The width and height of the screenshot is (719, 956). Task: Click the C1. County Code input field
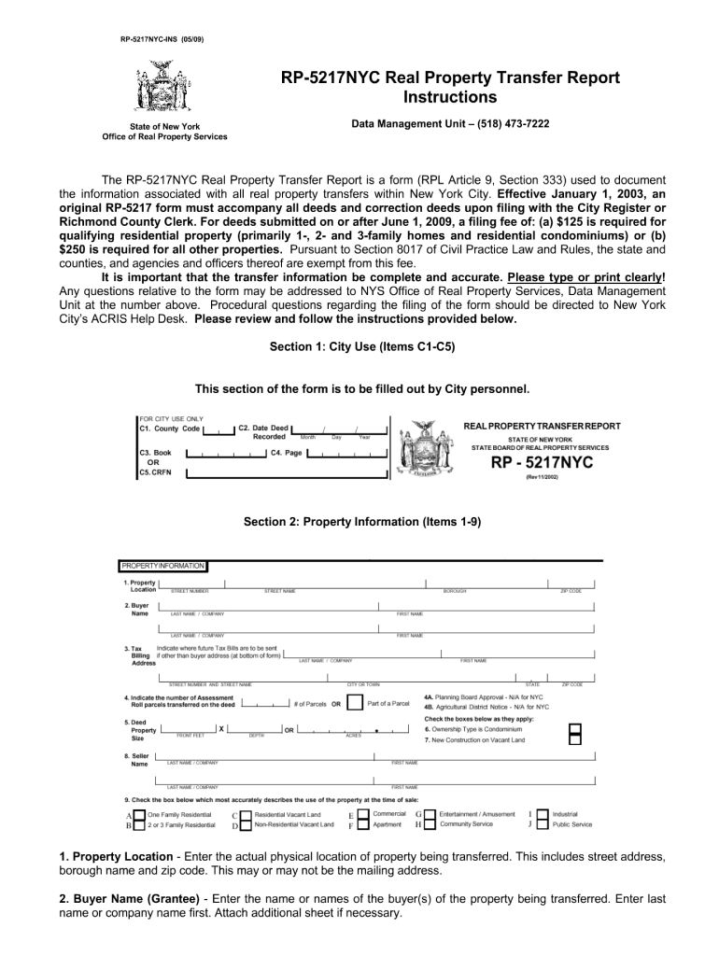click(x=219, y=430)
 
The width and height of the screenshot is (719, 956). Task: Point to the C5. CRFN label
click(x=155, y=473)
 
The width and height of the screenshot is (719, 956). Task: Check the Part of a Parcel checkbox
click(x=354, y=702)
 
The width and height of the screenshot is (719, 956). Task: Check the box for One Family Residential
click(x=140, y=815)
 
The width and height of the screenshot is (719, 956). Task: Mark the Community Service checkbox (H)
click(x=430, y=825)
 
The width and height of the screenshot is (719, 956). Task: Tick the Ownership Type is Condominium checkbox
click(x=575, y=729)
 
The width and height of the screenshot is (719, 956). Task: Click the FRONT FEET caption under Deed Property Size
click(x=190, y=736)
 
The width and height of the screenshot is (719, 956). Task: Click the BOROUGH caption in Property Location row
click(x=455, y=591)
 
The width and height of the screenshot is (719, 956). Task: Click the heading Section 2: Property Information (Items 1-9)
click(x=362, y=523)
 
